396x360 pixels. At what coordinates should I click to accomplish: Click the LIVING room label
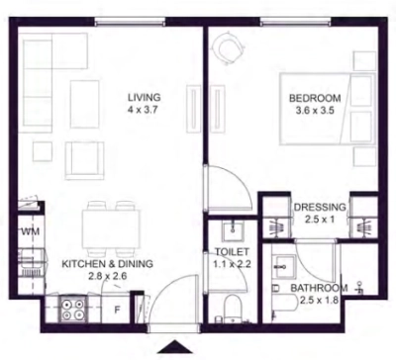click(145, 98)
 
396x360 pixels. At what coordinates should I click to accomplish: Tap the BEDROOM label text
click(315, 98)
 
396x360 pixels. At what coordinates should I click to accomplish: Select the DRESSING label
click(320, 207)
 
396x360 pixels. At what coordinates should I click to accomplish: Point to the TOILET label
click(232, 252)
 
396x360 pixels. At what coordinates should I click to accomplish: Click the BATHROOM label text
click(319, 288)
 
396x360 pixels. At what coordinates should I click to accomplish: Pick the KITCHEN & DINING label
click(108, 264)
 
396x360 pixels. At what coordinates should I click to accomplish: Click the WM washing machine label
click(31, 231)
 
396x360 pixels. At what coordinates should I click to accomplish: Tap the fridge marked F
click(117, 310)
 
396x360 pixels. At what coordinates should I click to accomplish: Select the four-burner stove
click(73, 310)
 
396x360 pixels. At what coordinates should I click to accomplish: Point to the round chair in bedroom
click(229, 48)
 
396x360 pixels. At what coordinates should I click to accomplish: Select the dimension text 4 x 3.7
click(144, 110)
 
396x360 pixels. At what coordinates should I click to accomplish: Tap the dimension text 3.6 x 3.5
click(315, 111)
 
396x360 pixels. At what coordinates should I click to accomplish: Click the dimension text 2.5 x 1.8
click(320, 301)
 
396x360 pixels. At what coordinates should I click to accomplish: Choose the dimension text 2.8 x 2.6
click(108, 276)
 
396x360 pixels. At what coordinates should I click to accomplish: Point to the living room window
click(130, 22)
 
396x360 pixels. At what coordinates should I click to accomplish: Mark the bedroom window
click(295, 22)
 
